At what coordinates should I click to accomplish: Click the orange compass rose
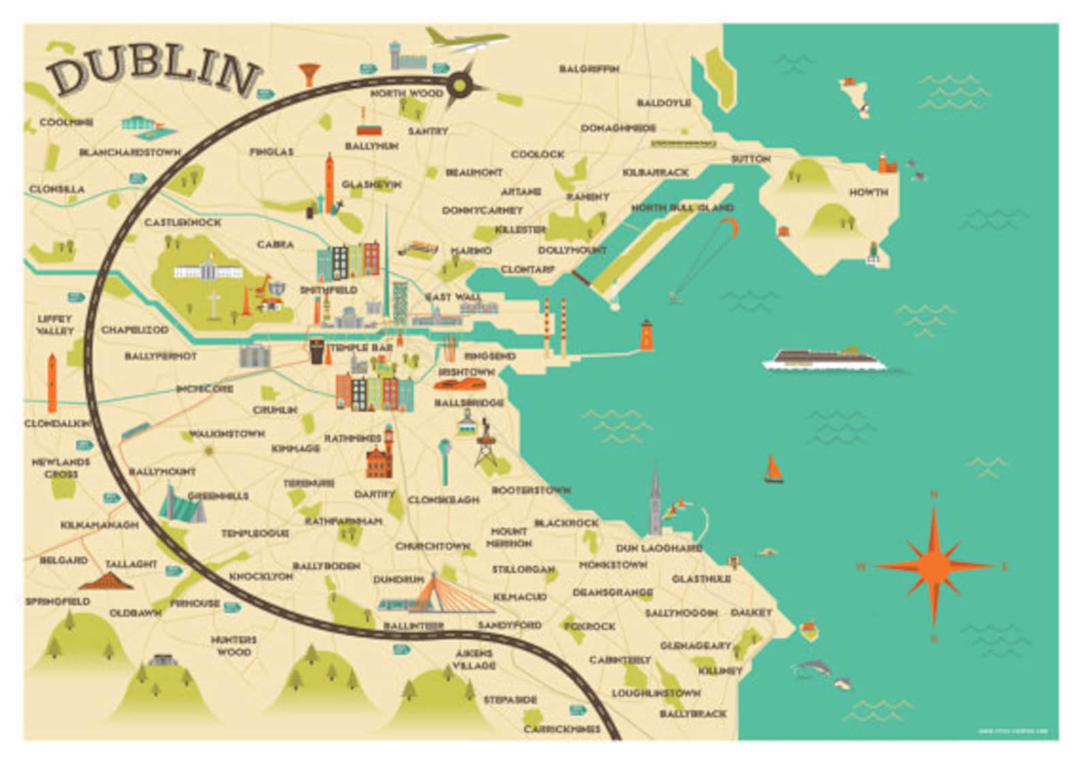point(933,565)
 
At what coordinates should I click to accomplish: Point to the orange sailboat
point(773,469)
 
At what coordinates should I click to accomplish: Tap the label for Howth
point(868,193)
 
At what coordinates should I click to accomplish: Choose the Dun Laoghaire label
point(658,548)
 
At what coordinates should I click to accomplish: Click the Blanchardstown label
point(129,153)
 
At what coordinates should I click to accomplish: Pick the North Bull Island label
point(682,208)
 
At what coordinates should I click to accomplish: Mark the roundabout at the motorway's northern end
point(461,85)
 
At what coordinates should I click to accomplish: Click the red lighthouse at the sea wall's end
point(646,335)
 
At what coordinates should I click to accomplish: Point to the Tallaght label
point(132,564)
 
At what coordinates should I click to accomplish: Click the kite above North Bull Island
point(729,224)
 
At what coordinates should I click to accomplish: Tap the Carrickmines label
point(562,729)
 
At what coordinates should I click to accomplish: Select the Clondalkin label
point(57,424)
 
